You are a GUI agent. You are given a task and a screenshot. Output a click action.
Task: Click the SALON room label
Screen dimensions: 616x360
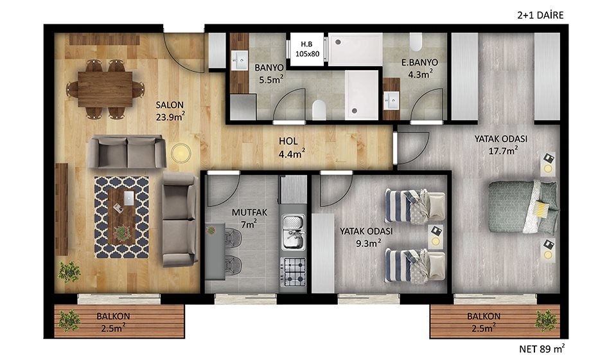coord(170,105)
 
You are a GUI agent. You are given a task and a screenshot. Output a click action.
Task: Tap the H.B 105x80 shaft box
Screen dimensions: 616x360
coord(307,48)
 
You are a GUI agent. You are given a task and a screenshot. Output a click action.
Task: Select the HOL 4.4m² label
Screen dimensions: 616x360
coord(292,147)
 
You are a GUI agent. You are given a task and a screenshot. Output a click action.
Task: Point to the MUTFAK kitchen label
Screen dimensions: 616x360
coord(249,213)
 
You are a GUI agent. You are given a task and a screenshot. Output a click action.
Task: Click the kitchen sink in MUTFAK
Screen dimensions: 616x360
coord(294,232)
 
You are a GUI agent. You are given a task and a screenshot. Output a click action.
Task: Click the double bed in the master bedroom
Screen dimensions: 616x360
coord(523,206)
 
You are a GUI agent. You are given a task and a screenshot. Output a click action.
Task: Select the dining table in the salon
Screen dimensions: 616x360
coord(105,89)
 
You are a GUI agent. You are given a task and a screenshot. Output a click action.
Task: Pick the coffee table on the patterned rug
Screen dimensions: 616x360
coord(122,216)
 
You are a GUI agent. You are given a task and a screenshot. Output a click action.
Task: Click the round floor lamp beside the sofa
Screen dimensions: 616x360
coord(180,152)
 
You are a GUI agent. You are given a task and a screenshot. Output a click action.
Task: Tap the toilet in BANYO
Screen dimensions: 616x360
coord(319,110)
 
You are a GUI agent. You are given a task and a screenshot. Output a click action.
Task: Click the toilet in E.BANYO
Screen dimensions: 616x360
coord(416,42)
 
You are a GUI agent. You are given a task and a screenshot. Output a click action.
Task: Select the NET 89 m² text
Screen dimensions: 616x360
coord(542,348)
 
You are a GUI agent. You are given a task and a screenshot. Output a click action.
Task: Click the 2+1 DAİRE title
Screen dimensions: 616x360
coord(540,15)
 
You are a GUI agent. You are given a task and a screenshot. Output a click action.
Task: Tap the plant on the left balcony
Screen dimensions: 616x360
coord(69,320)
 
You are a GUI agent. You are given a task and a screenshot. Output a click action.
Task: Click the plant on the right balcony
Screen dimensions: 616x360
coord(547,320)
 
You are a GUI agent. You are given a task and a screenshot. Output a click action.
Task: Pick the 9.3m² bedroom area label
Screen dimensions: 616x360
coord(368,243)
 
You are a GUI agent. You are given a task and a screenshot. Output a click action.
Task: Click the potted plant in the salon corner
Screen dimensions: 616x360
coord(69,271)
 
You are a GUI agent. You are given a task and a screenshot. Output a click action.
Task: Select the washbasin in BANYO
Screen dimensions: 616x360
coord(239,60)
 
